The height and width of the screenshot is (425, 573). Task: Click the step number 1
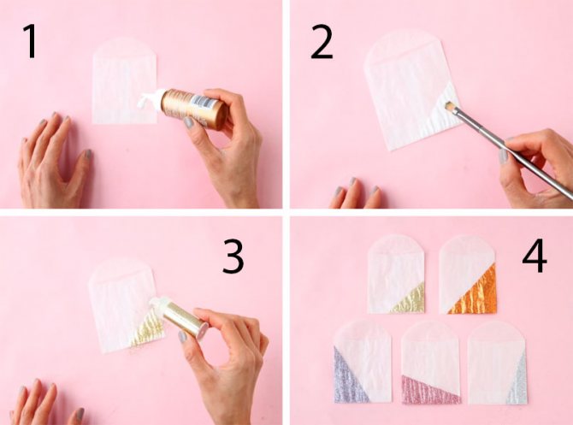coord(31,41)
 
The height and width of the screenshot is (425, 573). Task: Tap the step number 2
coord(322,42)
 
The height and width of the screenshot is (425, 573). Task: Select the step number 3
coord(233,257)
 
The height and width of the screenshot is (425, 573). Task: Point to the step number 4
coord(535,256)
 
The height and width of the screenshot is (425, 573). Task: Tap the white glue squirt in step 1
coord(149,98)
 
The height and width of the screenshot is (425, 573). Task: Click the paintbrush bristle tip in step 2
coord(450,107)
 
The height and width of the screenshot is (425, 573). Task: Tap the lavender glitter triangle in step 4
coord(346,380)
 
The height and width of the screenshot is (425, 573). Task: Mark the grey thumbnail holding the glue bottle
coord(188,122)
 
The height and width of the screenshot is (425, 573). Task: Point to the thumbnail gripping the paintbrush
coord(503,156)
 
